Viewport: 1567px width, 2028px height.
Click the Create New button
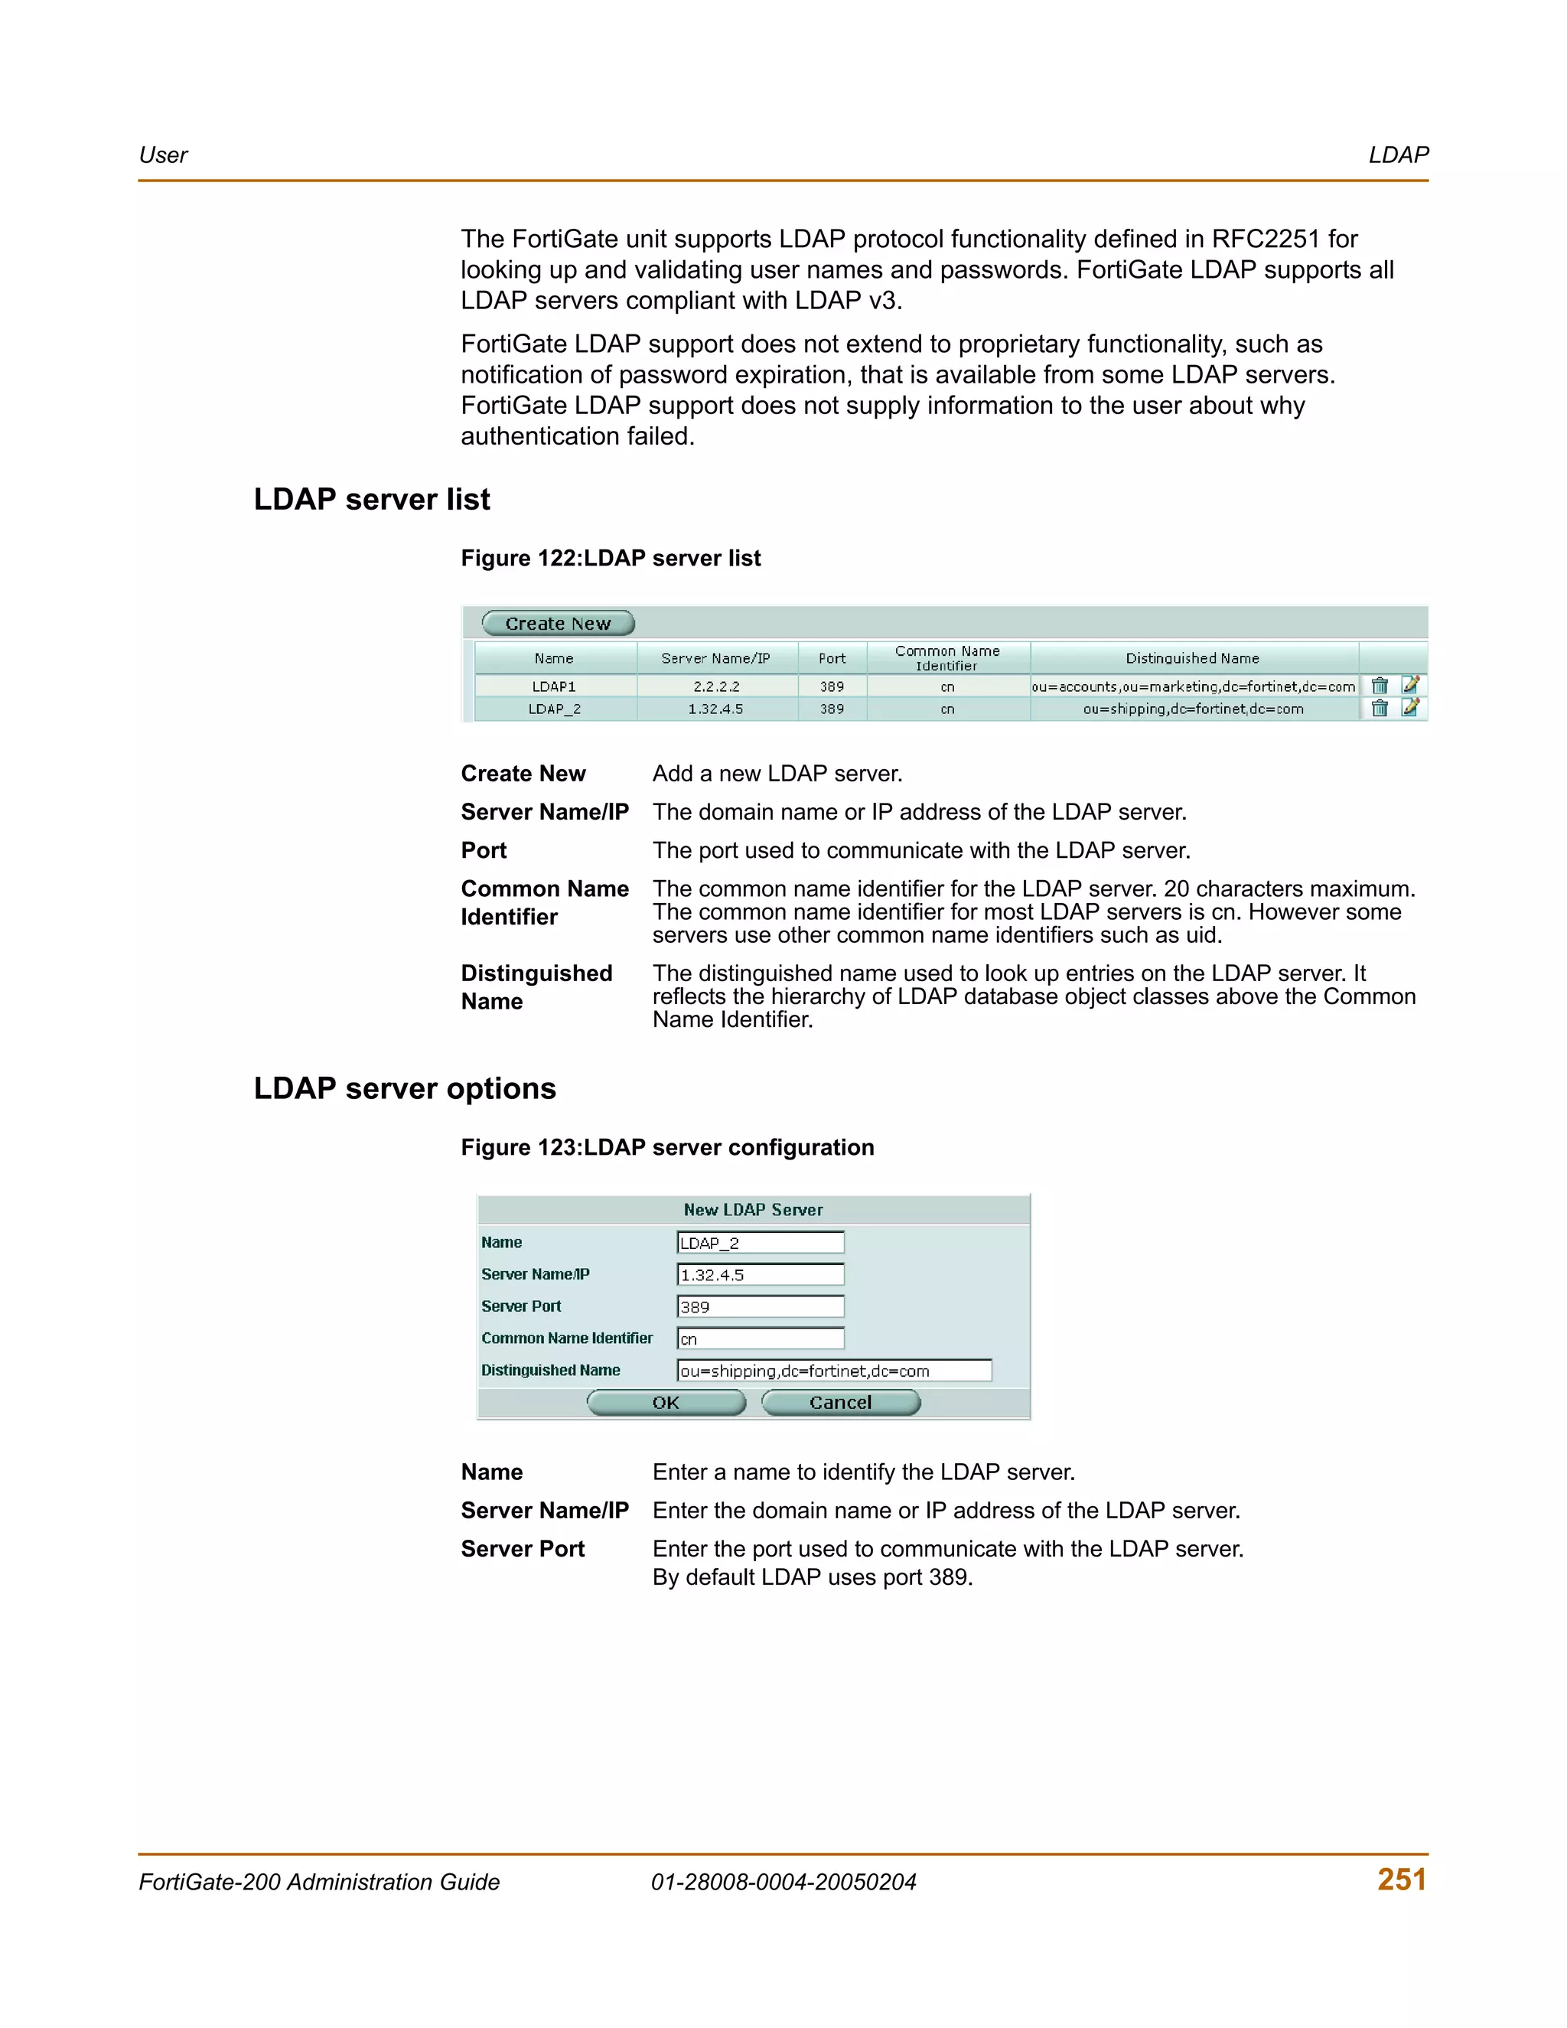558,623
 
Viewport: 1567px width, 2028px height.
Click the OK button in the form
666,1402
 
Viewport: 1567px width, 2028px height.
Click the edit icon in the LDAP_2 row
1410,708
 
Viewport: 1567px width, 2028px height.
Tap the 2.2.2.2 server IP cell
715,686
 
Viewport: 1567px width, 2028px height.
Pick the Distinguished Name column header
1192,658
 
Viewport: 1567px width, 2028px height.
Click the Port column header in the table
832,658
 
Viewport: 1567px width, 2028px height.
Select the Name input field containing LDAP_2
761,1242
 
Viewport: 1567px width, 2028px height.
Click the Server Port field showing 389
761,1306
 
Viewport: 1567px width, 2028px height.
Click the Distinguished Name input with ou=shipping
834,1371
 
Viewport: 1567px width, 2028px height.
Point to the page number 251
1402,1880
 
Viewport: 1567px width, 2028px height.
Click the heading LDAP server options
405,1088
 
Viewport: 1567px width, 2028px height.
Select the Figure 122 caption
611,558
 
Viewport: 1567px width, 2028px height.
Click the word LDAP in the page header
1398,155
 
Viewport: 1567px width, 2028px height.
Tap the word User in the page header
164,155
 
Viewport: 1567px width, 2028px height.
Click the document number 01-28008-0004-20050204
783,1883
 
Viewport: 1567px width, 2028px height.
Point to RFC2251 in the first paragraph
1266,239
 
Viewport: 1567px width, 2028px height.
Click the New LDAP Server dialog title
753,1210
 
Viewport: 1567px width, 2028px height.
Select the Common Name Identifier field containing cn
761,1338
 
